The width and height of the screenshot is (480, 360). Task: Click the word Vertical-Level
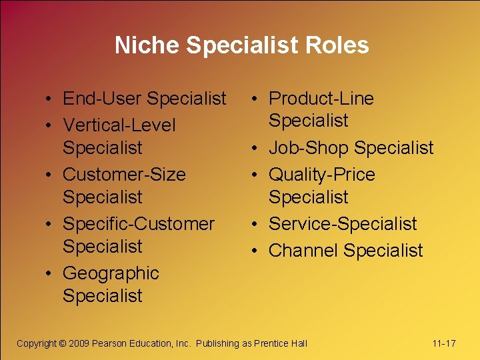(119, 125)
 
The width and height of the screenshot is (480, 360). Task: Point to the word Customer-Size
(124, 175)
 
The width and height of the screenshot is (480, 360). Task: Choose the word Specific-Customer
(139, 223)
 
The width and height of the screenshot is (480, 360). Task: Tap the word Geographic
(111, 273)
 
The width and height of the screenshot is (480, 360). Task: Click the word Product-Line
(321, 99)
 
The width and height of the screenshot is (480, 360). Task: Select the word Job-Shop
(309, 148)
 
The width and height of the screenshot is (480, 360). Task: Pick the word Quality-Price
(321, 175)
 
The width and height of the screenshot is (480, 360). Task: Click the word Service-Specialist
(343, 224)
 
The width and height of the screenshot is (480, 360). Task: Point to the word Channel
(301, 251)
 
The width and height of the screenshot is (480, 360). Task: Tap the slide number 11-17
(444, 344)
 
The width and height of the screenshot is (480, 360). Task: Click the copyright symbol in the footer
(63, 344)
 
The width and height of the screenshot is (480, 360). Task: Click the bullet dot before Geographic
(51, 274)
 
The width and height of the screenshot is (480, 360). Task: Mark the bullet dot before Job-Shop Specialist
(257, 149)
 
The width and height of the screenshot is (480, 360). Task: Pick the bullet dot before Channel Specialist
(257, 251)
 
